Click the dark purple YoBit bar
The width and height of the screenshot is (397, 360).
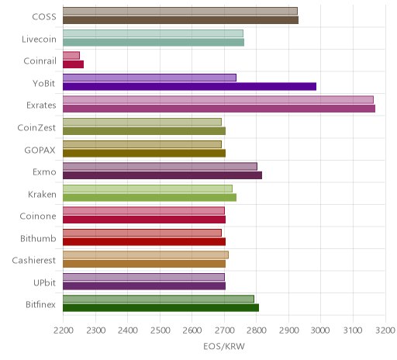(189, 86)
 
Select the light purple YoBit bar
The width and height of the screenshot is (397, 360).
(150, 78)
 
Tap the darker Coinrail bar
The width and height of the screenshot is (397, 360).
(73, 64)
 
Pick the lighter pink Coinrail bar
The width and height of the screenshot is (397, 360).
(71, 55)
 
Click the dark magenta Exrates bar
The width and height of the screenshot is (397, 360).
(219, 109)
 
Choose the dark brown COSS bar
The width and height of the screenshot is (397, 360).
(181, 20)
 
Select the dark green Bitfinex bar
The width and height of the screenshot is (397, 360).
(161, 308)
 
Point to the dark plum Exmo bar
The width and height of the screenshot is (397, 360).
(162, 175)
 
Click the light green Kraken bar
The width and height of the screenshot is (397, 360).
(147, 189)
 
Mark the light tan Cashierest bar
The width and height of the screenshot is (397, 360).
(146, 254)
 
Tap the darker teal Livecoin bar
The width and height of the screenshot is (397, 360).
(154, 42)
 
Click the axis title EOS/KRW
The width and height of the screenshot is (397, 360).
(224, 346)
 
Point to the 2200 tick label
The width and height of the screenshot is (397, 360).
(63, 331)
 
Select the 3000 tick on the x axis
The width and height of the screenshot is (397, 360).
(320, 331)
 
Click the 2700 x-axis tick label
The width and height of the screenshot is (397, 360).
(224, 331)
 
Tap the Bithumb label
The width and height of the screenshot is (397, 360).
(38, 238)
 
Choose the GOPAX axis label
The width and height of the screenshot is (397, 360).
(40, 150)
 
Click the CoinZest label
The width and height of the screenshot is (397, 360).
(36, 127)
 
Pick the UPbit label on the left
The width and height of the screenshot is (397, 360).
(44, 282)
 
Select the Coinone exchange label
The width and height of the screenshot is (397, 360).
(38, 216)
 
